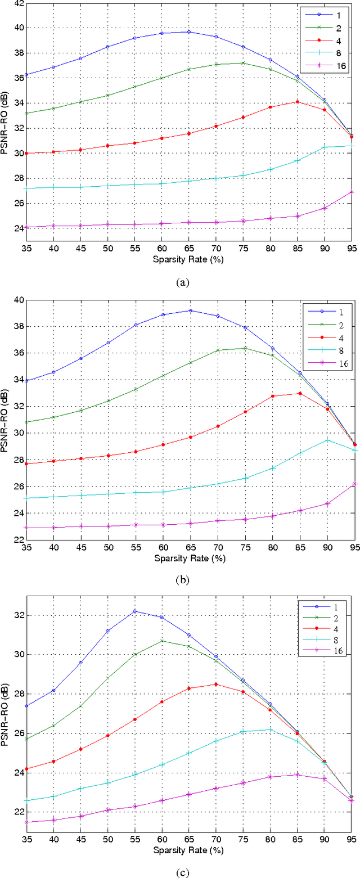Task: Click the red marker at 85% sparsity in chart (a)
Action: tap(297, 102)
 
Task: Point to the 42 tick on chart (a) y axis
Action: tap(16, 3)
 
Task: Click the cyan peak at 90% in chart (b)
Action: tap(327, 439)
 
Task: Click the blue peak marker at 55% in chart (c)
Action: tap(134, 611)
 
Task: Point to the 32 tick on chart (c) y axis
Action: tap(16, 615)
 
